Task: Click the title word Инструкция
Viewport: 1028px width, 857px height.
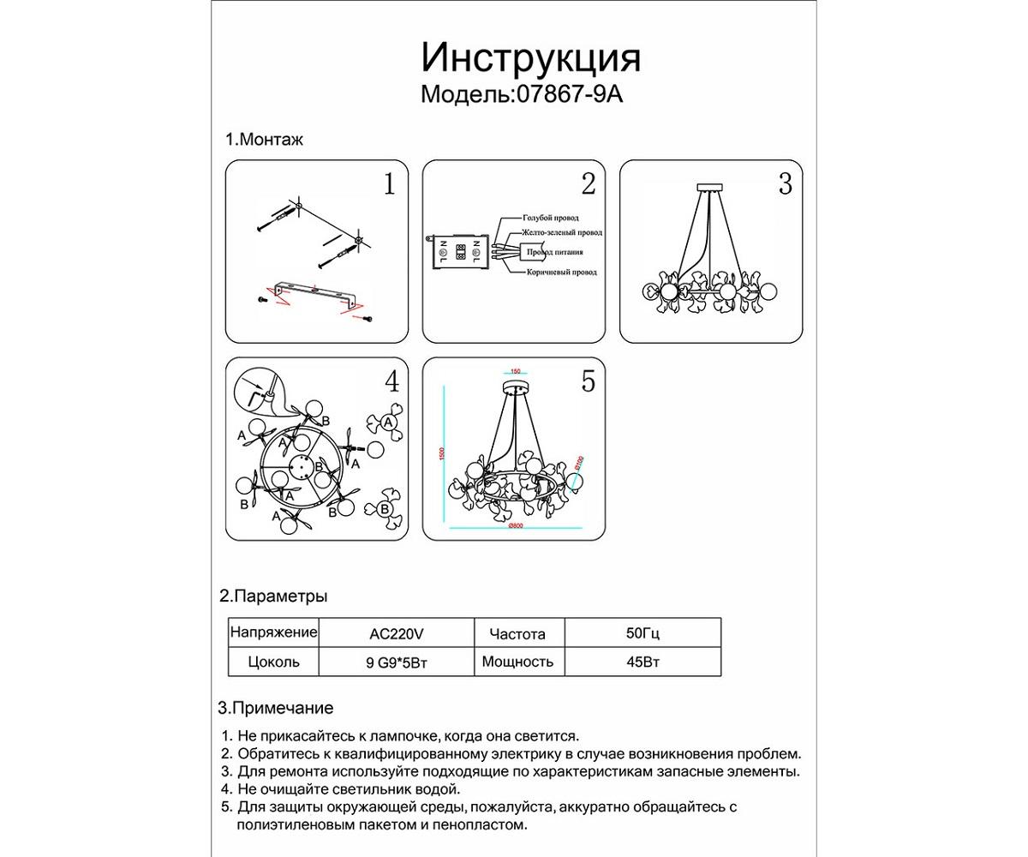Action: click(x=530, y=58)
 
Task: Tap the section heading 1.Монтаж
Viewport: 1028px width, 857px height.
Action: click(x=264, y=139)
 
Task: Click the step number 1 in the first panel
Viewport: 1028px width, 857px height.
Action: click(x=390, y=184)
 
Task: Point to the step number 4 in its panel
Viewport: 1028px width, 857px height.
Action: click(x=391, y=381)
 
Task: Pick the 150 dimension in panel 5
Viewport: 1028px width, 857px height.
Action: click(x=515, y=371)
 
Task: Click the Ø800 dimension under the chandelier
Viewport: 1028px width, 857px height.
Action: click(x=516, y=526)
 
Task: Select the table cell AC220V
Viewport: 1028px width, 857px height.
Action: click(x=396, y=635)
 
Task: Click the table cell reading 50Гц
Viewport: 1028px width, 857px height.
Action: click(x=642, y=635)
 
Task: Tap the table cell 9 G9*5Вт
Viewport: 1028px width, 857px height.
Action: click(x=396, y=662)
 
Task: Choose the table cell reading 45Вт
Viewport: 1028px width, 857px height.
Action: click(x=642, y=662)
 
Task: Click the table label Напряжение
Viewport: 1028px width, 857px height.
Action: click(x=273, y=632)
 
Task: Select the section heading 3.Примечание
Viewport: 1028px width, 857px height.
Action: click(x=276, y=708)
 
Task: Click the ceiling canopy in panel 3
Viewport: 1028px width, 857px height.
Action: click(x=711, y=186)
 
